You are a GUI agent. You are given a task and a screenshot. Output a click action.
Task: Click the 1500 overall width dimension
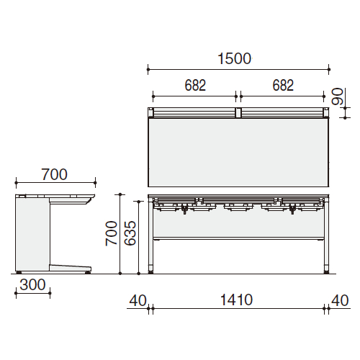point(234,59)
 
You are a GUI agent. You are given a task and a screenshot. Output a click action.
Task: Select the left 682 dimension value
point(195,85)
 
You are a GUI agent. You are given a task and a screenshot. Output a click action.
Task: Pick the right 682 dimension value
point(283,85)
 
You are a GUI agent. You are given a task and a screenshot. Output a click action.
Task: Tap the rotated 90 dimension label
point(337,96)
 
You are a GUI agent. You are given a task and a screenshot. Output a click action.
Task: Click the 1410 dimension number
point(236,300)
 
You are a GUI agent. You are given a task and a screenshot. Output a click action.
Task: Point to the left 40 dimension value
point(138,300)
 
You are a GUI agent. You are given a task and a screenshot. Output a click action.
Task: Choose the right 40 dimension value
point(340,300)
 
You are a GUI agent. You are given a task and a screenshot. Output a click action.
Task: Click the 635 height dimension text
point(130,233)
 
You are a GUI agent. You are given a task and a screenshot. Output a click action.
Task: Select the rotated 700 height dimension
point(112,233)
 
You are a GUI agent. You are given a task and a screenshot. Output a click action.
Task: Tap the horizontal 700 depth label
point(55,174)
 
